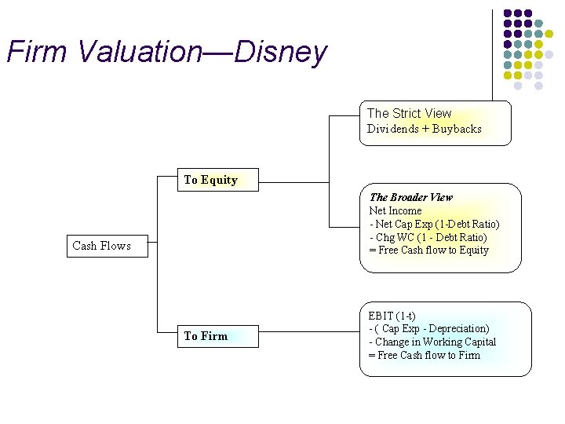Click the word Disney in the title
(x=280, y=53)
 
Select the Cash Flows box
(x=102, y=246)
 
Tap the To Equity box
(x=210, y=180)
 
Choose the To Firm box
(x=206, y=336)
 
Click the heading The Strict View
(x=409, y=113)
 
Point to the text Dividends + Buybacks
(x=424, y=129)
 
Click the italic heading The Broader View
(x=410, y=197)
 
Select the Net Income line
(x=395, y=210)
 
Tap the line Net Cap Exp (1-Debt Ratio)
(x=434, y=224)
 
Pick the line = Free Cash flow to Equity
(x=428, y=250)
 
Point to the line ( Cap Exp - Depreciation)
(x=428, y=329)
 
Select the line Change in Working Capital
(x=432, y=342)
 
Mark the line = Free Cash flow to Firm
(x=424, y=356)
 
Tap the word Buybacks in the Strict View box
(x=455, y=129)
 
